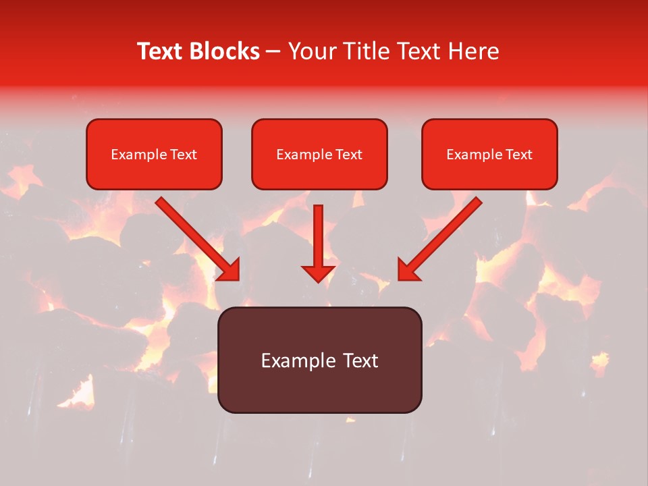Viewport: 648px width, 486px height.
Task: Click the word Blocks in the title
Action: (x=224, y=51)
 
